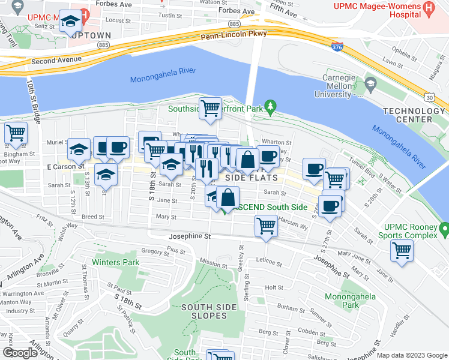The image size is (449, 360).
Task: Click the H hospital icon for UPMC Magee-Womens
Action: [428, 8]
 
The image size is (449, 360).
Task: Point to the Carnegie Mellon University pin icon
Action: [370, 82]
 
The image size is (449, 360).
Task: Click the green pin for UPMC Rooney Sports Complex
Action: [444, 229]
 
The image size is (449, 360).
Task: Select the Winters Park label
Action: [115, 262]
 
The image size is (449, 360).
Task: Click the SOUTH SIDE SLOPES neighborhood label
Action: [204, 311]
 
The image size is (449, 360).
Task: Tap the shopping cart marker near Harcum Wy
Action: [266, 227]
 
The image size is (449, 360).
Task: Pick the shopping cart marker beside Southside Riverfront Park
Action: [210, 109]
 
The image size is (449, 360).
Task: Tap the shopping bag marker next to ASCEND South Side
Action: [228, 197]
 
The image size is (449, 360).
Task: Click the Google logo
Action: [19, 353]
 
